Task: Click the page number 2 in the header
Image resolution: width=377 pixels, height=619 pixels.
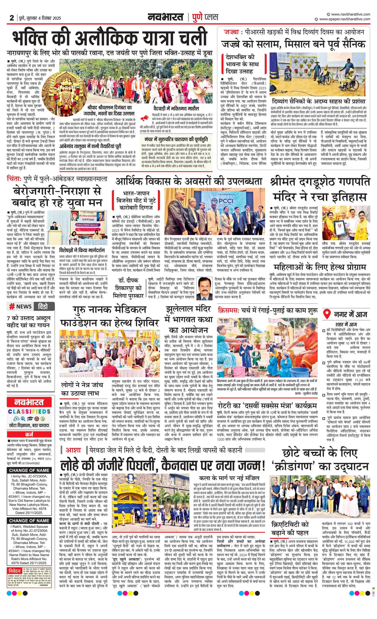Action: (x=12, y=18)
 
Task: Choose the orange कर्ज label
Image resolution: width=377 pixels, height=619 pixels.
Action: (x=29, y=435)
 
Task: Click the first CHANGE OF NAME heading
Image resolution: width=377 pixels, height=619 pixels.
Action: (x=29, y=470)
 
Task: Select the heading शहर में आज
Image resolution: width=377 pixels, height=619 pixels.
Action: (x=346, y=324)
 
